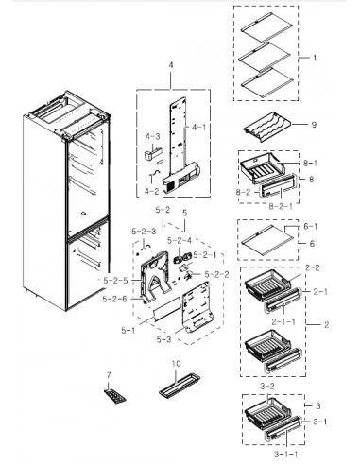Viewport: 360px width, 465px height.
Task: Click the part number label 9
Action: (313, 125)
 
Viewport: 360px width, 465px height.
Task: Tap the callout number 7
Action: (109, 376)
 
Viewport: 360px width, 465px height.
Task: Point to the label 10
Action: (175, 364)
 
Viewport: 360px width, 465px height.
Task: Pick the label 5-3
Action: (163, 339)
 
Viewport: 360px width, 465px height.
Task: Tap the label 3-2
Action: (267, 387)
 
